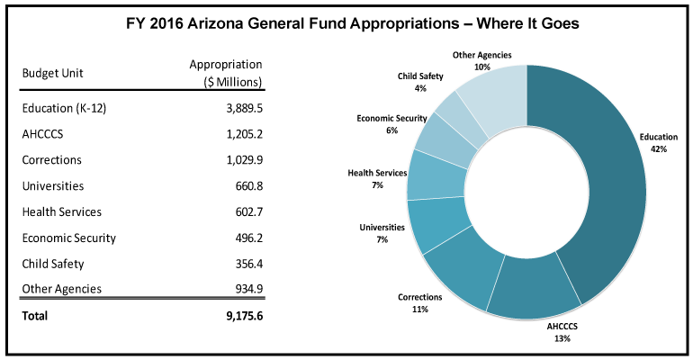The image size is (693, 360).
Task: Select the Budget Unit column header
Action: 52,73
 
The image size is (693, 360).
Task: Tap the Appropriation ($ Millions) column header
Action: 226,73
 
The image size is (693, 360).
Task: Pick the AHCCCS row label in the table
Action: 42,134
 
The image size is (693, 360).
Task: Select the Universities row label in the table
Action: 52,185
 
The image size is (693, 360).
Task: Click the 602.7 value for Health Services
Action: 245,211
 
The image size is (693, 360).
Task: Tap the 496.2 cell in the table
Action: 245,238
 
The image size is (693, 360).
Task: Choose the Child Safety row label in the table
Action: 52,264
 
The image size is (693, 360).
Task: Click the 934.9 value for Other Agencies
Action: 245,289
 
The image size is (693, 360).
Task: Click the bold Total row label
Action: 34,316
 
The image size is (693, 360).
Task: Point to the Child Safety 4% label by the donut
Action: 420,82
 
